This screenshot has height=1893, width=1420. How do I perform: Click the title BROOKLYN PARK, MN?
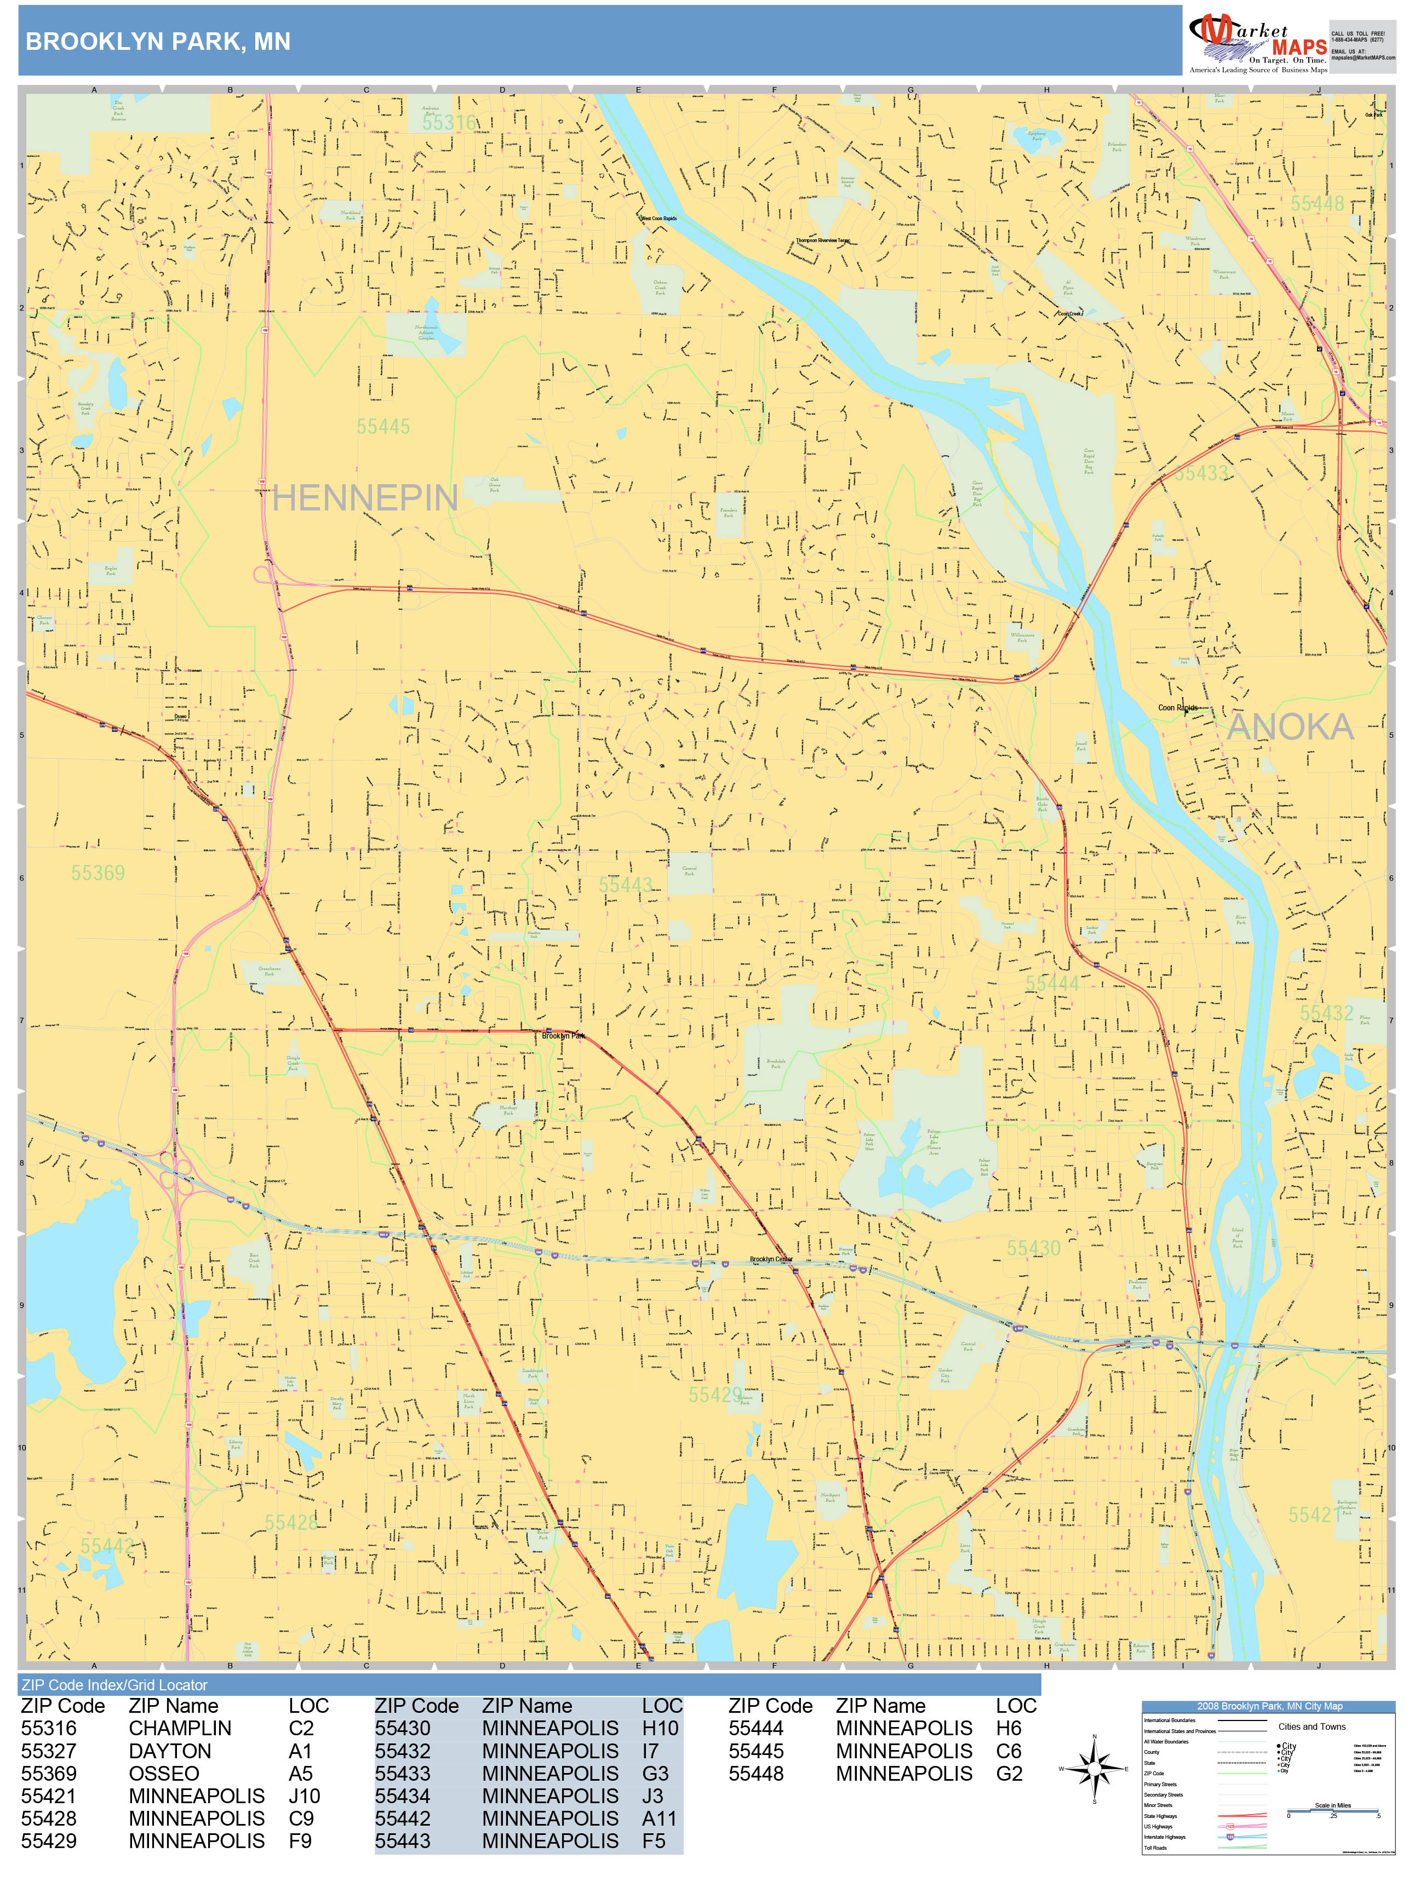coord(158,41)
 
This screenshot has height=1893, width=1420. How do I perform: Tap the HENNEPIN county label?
coord(365,498)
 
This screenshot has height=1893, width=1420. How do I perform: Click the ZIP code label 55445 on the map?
coord(383,426)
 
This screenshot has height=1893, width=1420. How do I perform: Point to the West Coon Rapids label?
coord(658,218)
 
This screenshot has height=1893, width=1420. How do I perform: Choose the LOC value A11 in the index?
coord(659,1818)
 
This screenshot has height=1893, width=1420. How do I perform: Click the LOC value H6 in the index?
coord(1008,1728)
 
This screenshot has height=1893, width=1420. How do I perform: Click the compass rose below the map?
coord(1094,1768)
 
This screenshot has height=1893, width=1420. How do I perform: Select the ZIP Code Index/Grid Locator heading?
coord(114,1684)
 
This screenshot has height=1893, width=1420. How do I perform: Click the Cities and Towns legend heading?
coord(1312,1726)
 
